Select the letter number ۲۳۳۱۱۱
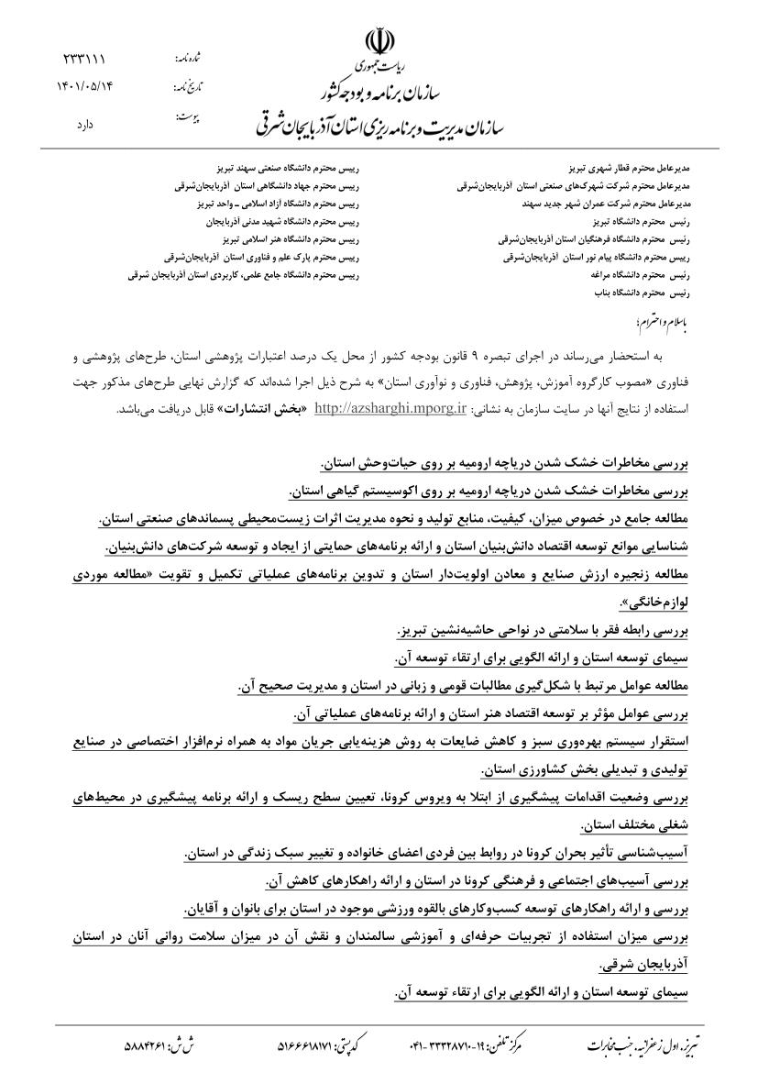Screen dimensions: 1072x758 (83, 60)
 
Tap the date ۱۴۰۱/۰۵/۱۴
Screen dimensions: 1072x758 (83, 88)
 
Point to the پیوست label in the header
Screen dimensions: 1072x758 (188, 118)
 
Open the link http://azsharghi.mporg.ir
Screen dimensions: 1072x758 (390, 408)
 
